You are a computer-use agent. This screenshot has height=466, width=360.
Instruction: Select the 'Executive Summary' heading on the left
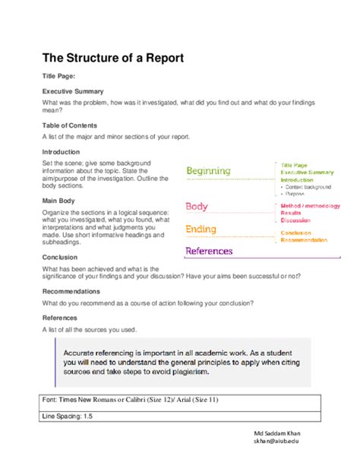pos(73,90)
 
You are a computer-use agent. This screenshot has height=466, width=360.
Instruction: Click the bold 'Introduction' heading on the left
pos(61,152)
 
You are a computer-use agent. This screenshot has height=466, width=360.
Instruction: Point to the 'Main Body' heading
pos(58,201)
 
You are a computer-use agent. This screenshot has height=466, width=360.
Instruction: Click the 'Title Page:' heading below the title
pos(58,77)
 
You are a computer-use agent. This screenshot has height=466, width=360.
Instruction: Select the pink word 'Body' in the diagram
pos(197,206)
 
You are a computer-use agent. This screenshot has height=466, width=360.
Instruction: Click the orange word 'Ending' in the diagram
pos(201,229)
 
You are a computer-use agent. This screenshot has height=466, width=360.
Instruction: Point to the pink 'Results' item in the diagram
pos(291,214)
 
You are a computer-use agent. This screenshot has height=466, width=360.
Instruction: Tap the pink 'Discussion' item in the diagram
pos(295,221)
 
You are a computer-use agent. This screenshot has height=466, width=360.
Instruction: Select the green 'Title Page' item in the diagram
pos(294,165)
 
